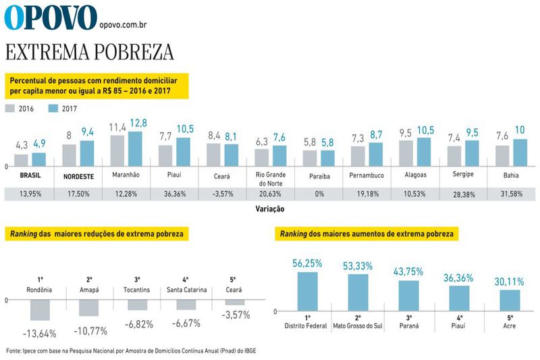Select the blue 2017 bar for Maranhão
click(x=135, y=149)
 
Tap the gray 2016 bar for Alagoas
click(x=406, y=153)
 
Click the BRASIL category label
click(x=30, y=175)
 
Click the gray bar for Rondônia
click(x=40, y=309)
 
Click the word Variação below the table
click(x=270, y=209)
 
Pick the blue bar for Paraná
click(x=408, y=295)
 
